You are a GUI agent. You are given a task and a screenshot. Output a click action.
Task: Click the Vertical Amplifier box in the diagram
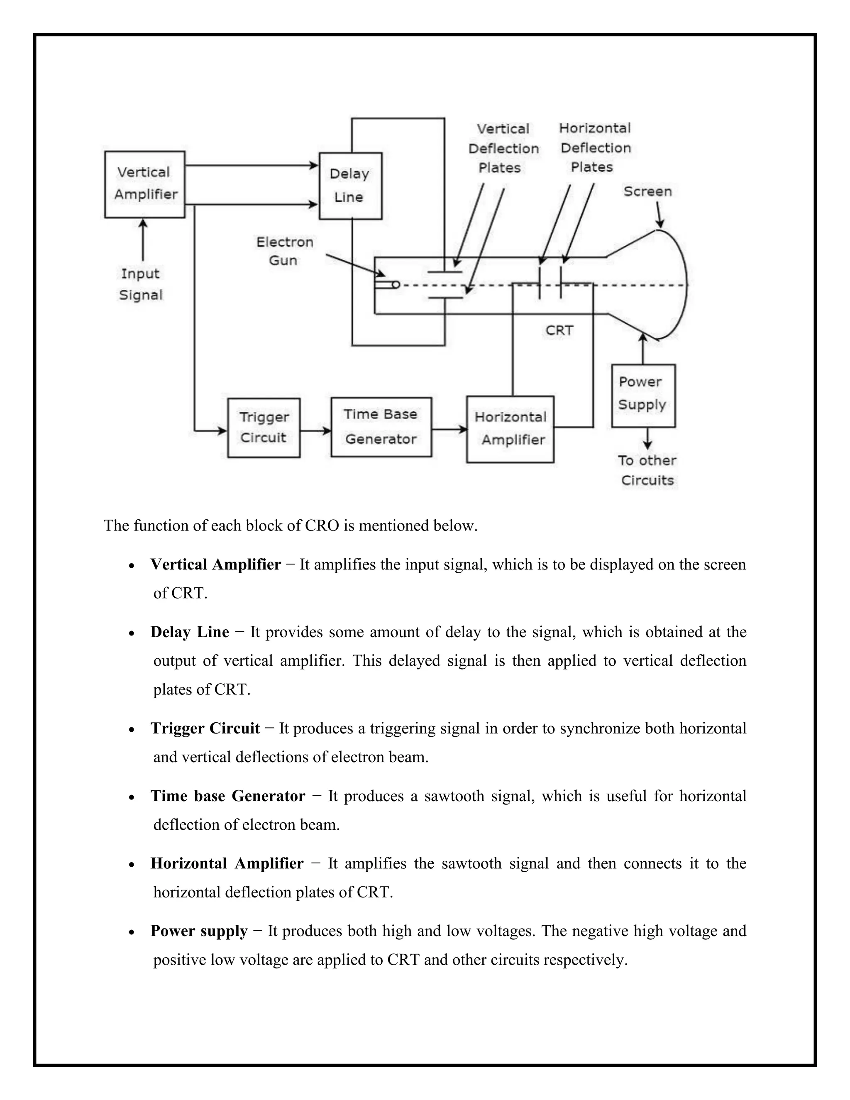[x=144, y=184]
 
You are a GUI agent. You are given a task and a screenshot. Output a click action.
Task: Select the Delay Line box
[x=350, y=186]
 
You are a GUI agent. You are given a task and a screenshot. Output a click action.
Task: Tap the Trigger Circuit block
[x=264, y=428]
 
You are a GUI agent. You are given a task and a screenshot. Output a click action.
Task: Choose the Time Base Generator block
[x=381, y=427]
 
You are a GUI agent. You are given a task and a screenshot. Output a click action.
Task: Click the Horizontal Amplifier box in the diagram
[x=510, y=429]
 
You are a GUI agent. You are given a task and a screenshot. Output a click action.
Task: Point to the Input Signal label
[x=141, y=284]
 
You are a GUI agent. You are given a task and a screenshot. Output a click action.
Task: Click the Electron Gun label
[x=284, y=251]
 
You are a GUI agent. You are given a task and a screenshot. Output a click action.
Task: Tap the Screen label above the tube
[x=647, y=191]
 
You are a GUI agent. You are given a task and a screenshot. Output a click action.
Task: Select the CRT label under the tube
[x=559, y=330]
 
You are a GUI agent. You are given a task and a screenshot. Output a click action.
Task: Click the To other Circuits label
[x=647, y=470]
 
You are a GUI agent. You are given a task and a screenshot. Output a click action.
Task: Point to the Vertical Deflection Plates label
[x=503, y=148]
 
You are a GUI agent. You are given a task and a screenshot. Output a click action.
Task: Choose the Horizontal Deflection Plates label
[x=595, y=148]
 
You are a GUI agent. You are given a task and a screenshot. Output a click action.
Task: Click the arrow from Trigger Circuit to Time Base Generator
[x=315, y=430]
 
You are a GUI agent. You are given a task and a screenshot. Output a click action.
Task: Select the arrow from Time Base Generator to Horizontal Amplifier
[x=449, y=429]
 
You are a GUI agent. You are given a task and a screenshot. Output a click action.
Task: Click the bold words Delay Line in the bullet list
[x=189, y=632]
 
